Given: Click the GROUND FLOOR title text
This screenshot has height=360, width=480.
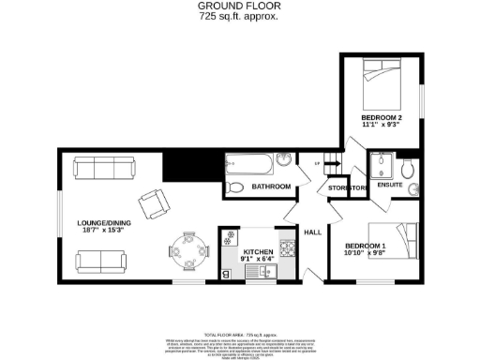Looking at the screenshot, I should point(239,6).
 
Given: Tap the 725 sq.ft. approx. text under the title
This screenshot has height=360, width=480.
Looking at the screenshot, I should point(239,17).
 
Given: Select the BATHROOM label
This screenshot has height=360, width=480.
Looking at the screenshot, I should point(271,188).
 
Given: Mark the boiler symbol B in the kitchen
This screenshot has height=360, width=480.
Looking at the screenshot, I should point(226,274).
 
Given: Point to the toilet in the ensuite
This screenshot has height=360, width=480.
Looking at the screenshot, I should point(407,170).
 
